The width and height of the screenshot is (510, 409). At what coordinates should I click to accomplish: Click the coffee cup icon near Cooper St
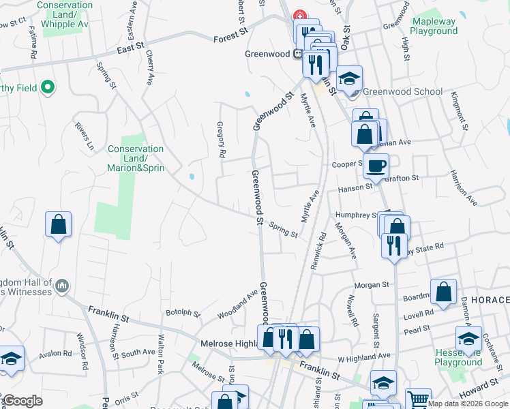[375, 165]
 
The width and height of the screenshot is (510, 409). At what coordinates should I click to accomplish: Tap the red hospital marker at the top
[299, 16]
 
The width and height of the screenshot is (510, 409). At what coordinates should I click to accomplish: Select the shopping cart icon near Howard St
[418, 399]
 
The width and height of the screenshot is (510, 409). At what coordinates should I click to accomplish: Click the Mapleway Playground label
[434, 27]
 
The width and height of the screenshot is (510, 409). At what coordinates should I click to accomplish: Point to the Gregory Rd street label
[220, 140]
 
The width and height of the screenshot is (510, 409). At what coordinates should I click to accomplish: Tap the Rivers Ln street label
[84, 136]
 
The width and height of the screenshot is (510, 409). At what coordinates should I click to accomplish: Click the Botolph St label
[183, 314]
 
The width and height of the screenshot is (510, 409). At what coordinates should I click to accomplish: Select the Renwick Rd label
[318, 250]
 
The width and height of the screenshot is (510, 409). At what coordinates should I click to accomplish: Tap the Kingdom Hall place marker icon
[62, 285]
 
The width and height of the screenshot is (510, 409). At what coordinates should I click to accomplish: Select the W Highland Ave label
[364, 356]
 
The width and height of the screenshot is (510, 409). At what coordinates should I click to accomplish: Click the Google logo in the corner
[22, 401]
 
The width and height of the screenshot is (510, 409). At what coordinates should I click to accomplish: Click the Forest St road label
[229, 40]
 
